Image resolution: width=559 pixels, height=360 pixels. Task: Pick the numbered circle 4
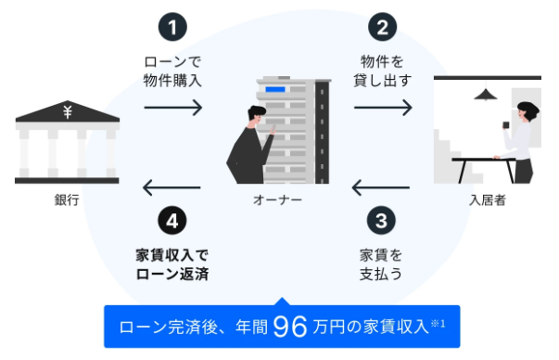click(x=172, y=222)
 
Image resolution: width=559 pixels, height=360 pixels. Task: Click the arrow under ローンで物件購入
click(x=172, y=107)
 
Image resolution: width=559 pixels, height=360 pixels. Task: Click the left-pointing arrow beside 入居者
click(x=381, y=190)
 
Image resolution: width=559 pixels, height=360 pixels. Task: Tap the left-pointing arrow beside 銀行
click(x=172, y=190)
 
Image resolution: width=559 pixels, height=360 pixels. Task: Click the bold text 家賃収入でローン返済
click(x=172, y=263)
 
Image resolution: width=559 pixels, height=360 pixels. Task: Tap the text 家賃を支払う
click(x=381, y=263)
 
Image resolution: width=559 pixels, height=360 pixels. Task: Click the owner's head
click(x=253, y=117)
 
